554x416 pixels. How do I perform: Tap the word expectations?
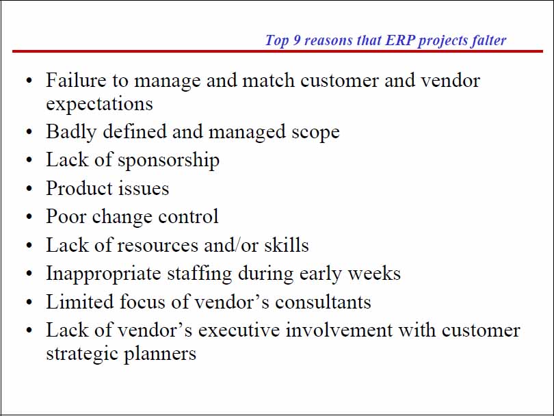click(x=99, y=104)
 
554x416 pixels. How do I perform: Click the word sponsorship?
click(x=168, y=160)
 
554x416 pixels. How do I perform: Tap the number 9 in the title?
click(x=296, y=40)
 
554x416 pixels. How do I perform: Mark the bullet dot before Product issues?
click(x=29, y=190)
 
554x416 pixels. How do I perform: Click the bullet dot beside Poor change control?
click(x=29, y=218)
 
